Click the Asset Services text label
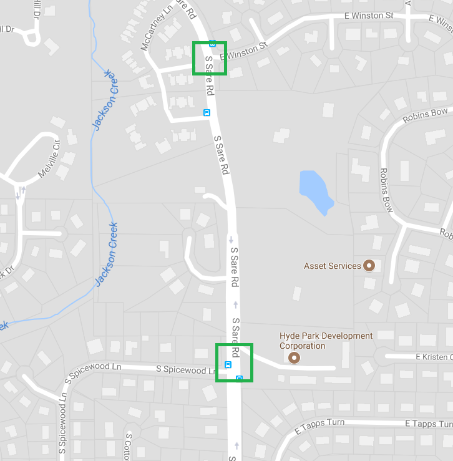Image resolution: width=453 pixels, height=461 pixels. tap(332, 266)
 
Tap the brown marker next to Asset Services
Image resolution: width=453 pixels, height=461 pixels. tap(369, 266)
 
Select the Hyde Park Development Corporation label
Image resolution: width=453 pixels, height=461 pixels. tap(326, 341)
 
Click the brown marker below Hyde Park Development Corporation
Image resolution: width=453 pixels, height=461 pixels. tap(293, 358)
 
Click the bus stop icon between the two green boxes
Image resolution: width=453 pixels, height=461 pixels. tap(207, 112)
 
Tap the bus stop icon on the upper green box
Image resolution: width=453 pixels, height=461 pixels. tap(213, 44)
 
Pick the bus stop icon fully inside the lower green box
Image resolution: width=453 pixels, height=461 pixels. tap(228, 365)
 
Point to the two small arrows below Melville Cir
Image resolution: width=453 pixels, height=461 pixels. tap(21, 192)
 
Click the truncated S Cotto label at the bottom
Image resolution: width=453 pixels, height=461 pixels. tap(129, 447)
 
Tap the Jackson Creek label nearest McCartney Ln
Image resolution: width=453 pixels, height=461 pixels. tap(107, 100)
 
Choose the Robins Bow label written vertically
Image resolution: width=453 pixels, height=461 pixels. tap(387, 190)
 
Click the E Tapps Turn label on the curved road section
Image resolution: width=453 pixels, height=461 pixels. tap(319, 424)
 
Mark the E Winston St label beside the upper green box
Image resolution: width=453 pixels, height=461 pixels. tap(247, 50)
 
